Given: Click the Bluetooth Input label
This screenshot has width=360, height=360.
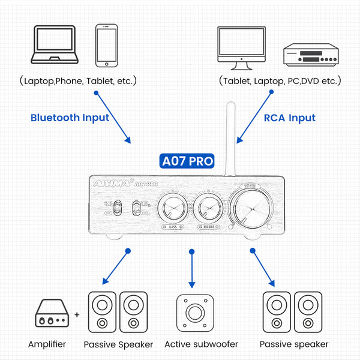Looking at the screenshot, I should tap(70, 118).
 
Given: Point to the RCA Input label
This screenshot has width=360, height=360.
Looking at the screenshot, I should tap(289, 118).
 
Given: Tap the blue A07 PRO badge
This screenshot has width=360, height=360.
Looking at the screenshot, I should tap(188, 161).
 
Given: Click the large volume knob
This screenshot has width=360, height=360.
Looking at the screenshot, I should tap(251, 207).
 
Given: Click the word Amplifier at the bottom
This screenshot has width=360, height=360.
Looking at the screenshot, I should tap(47, 344).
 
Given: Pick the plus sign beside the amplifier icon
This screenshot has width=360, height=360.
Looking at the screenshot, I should tap(77, 314).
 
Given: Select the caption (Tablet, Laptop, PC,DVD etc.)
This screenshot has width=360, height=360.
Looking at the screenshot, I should tap(280, 80).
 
